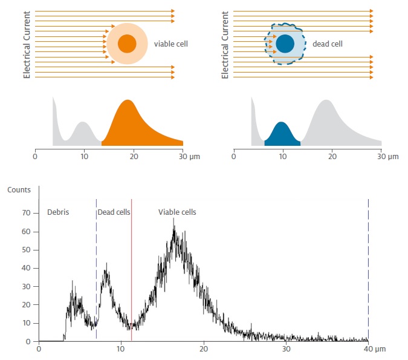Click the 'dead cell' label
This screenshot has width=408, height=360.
pos(328,44)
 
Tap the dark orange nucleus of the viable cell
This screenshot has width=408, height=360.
pos(127,44)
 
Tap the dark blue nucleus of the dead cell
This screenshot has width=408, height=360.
pos(285,44)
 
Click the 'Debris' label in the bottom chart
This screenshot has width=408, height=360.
pos(58,212)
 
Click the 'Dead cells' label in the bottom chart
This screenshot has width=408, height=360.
pos(114,212)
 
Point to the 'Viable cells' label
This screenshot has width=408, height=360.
pos(177,212)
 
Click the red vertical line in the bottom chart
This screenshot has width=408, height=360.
pos(131,272)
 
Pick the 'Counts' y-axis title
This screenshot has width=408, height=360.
pos(19,189)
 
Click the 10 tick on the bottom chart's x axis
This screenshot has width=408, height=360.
pos(121,349)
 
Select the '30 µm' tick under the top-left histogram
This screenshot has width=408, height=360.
pos(189,157)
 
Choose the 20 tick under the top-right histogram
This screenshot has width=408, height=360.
pos(332,157)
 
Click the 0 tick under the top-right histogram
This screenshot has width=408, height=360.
pos(233,157)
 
